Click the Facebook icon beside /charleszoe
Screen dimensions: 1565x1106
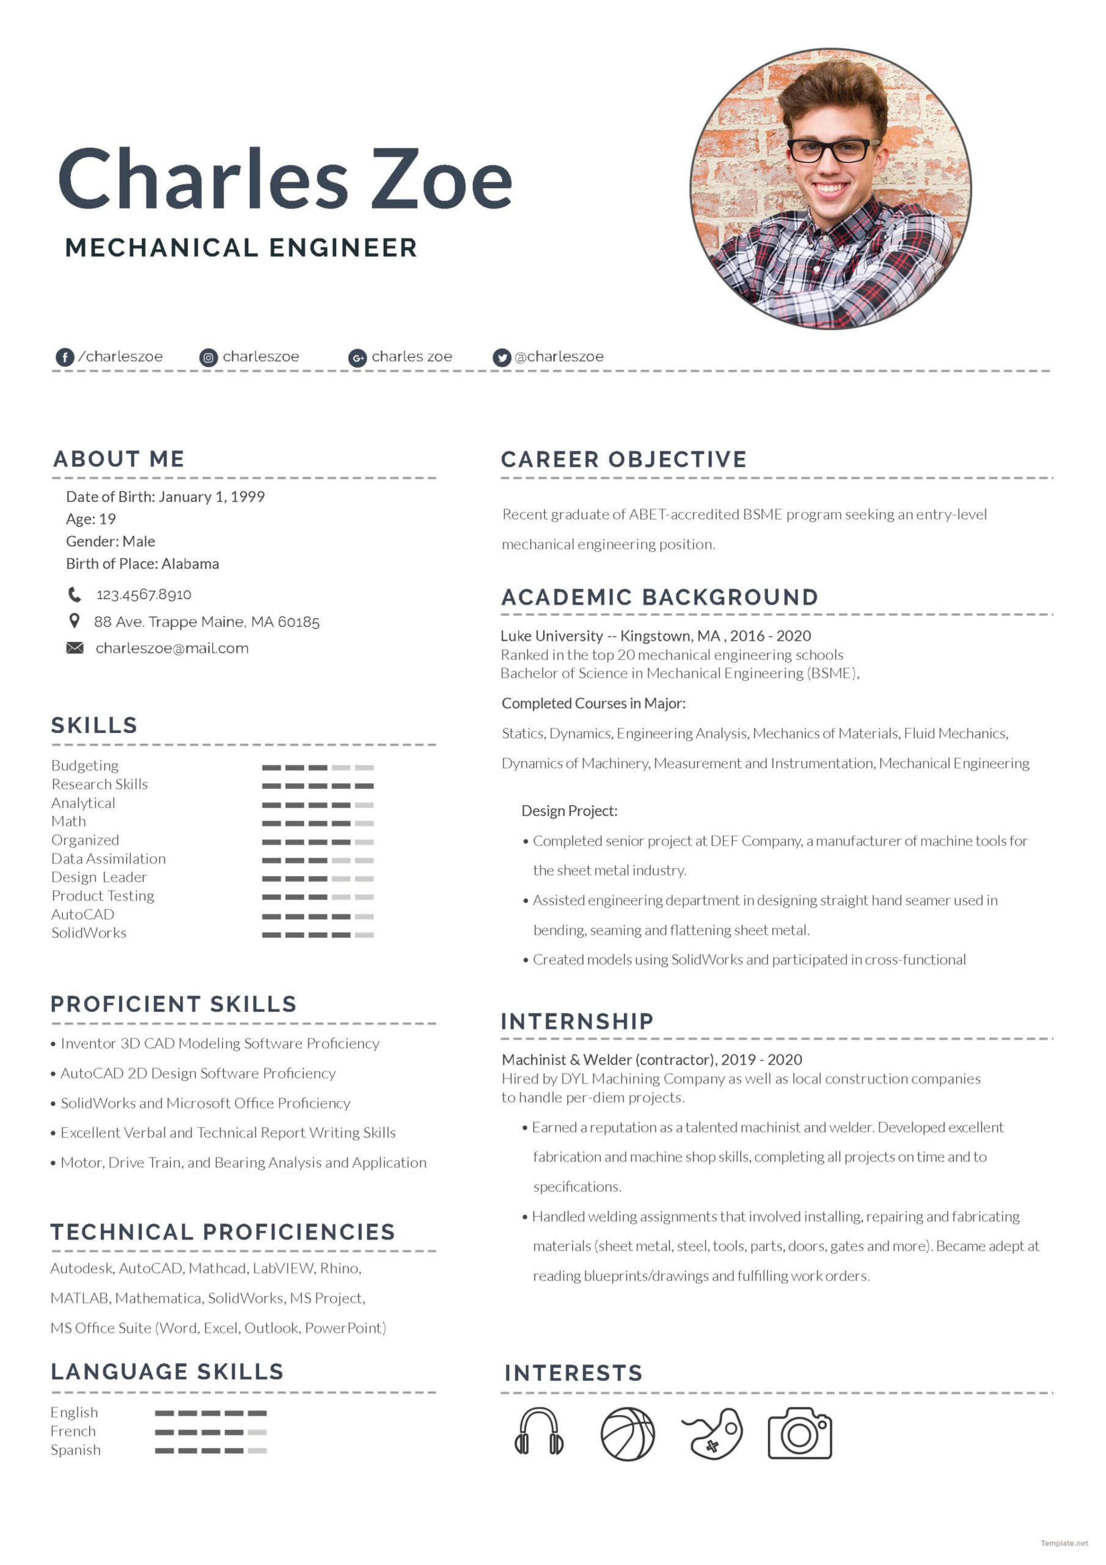pyautogui.click(x=65, y=357)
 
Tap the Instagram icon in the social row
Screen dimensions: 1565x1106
pyautogui.click(x=208, y=357)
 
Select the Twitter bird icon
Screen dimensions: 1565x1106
pyautogui.click(x=502, y=357)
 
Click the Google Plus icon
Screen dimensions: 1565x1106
pyautogui.click(x=357, y=357)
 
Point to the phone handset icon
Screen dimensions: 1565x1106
pyautogui.click(x=75, y=594)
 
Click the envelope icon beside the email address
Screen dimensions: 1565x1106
pyautogui.click(x=75, y=647)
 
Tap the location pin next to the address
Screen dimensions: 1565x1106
pyautogui.click(x=75, y=621)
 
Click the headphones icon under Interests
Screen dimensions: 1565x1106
pyautogui.click(x=538, y=1432)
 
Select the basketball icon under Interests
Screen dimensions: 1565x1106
pyautogui.click(x=627, y=1434)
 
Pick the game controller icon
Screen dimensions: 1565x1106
pyautogui.click(x=714, y=1434)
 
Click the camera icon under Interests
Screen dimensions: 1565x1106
pyautogui.click(x=799, y=1433)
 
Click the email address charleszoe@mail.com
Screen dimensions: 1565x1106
pyautogui.click(x=172, y=648)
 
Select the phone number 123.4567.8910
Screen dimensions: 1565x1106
pyautogui.click(x=144, y=594)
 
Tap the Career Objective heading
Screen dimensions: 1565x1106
pyautogui.click(x=623, y=459)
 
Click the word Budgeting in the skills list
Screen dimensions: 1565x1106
pyautogui.click(x=85, y=765)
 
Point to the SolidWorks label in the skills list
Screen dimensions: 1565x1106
pyautogui.click(x=89, y=932)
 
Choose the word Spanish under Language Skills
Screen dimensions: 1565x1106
pyautogui.click(x=76, y=1450)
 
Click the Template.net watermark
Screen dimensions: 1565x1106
pyautogui.click(x=1064, y=1543)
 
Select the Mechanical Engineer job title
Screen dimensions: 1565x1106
pyautogui.click(x=241, y=248)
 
